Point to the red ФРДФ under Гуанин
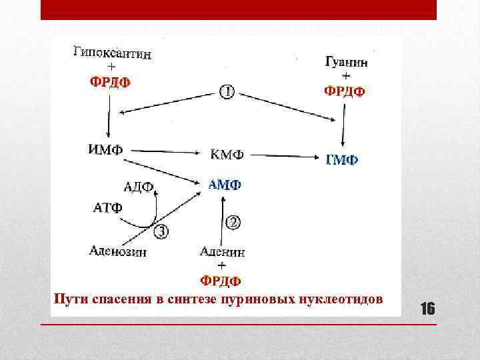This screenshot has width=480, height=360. pos(345,91)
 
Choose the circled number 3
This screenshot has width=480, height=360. pos(161,231)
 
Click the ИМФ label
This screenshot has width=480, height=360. pos(105,148)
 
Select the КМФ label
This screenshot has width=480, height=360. pos(227,155)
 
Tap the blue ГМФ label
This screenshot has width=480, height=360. pos(341,160)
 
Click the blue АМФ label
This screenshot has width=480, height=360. pos(225,184)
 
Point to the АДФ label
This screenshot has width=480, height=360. pos(139,186)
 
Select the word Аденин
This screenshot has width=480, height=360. pos(222,252)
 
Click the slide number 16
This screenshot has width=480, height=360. pos(427,308)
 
